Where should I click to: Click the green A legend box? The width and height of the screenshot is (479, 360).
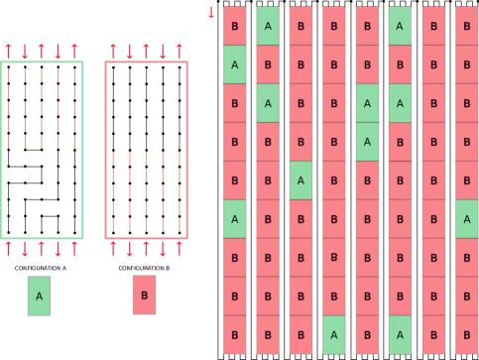pyautogui.click(x=39, y=296)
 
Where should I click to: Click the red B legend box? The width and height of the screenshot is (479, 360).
pyautogui.click(x=144, y=296)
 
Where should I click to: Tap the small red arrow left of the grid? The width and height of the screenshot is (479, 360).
pyautogui.click(x=210, y=13)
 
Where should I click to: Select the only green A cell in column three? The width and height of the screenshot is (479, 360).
pyautogui.click(x=300, y=180)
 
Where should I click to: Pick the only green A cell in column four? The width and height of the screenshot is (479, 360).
pyautogui.click(x=334, y=334)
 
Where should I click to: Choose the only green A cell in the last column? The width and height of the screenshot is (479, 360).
pyautogui.click(x=466, y=219)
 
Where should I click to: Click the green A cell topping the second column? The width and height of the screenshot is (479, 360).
pyautogui.click(x=268, y=26)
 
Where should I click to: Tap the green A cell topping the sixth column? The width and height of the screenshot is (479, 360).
pyautogui.click(x=400, y=26)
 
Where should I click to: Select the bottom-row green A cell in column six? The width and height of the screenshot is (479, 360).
pyautogui.click(x=400, y=334)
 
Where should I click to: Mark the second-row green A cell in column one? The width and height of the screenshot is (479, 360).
pyautogui.click(x=234, y=64)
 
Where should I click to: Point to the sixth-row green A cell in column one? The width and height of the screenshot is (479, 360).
pyautogui.click(x=234, y=219)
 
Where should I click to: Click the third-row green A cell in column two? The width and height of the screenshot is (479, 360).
pyautogui.click(x=268, y=103)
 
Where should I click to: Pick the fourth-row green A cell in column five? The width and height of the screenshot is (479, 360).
pyautogui.click(x=367, y=142)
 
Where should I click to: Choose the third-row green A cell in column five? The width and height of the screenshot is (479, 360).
pyautogui.click(x=367, y=103)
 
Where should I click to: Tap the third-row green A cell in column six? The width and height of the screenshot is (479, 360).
pyautogui.click(x=400, y=103)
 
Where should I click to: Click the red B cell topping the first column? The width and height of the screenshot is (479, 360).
pyautogui.click(x=234, y=26)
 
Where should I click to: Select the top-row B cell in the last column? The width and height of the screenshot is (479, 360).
pyautogui.click(x=466, y=26)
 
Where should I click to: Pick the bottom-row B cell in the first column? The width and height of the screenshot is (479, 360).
pyautogui.click(x=234, y=334)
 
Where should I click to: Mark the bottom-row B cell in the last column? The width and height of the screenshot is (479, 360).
pyautogui.click(x=466, y=334)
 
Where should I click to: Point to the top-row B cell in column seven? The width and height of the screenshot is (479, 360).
pyautogui.click(x=433, y=26)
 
